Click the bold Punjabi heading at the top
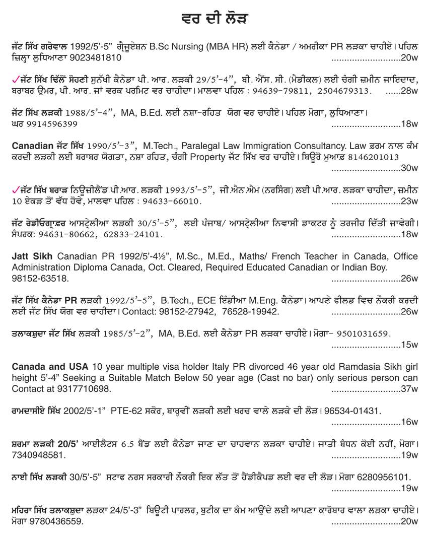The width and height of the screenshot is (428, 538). (213, 19)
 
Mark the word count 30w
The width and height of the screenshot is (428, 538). (410, 168)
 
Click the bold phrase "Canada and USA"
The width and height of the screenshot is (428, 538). (50, 366)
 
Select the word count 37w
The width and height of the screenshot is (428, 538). (410, 389)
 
